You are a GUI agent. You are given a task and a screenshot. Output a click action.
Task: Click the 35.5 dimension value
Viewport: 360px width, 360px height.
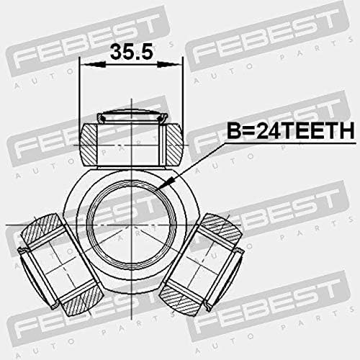pyautogui.click(x=131, y=52)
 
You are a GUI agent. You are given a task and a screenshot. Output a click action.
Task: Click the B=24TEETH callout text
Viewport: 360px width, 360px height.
pyautogui.click(x=291, y=131)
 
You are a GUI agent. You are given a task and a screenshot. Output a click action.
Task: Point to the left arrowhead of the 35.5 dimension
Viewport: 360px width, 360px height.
pyautogui.click(x=93, y=64)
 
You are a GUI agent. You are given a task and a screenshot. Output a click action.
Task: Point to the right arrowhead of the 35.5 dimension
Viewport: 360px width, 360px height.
pyautogui.click(x=168, y=64)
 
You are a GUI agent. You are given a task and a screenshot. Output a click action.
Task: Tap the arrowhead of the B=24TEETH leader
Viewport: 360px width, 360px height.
pyautogui.click(x=166, y=184)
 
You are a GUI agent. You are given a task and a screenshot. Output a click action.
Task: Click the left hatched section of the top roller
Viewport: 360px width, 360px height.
pyautogui.click(x=89, y=145)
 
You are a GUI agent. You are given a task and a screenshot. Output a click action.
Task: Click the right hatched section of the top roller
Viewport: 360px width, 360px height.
pyautogui.click(x=174, y=145)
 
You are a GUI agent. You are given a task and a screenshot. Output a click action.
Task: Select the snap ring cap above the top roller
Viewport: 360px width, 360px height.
pyautogui.click(x=131, y=117)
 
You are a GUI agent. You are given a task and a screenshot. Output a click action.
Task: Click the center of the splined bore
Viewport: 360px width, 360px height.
pyautogui.click(x=132, y=225)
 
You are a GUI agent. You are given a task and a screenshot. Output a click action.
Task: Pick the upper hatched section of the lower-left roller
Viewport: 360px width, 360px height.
pyautogui.click(x=42, y=228)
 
